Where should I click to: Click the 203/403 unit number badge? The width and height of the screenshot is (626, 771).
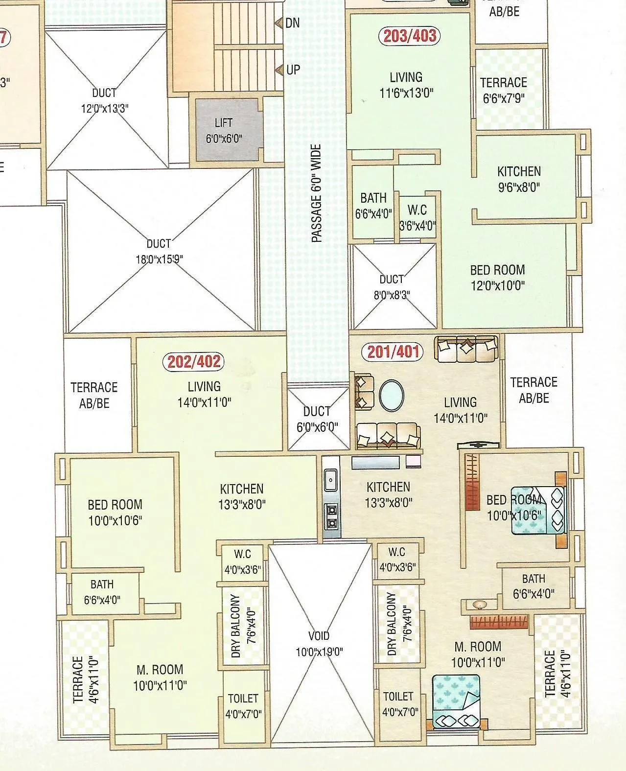point(410,36)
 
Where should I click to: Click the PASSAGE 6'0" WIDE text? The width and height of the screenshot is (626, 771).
point(317,193)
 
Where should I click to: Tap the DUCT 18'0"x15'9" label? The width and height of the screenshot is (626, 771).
point(159,251)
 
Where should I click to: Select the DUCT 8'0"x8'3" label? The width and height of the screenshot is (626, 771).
point(394,287)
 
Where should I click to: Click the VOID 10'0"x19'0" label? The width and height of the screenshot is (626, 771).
point(319,644)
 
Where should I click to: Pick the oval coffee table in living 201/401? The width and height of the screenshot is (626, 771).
point(392,396)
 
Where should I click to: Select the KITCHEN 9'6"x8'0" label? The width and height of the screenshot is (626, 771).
point(519,179)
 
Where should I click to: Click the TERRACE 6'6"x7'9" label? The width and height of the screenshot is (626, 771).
point(504,90)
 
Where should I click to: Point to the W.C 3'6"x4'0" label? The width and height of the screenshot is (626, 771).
point(417,218)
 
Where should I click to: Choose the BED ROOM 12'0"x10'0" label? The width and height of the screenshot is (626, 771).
point(497,278)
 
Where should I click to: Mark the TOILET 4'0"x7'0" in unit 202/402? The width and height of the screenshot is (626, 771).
point(243,706)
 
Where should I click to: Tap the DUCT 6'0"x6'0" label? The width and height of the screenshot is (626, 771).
point(317,419)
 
